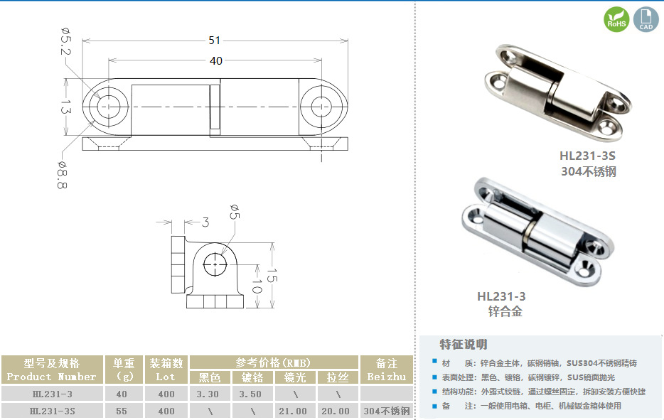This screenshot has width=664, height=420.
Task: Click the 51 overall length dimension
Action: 214,41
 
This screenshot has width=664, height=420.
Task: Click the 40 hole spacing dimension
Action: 216,61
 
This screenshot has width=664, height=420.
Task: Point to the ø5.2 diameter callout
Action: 65,41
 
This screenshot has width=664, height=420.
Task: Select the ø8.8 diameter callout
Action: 63,175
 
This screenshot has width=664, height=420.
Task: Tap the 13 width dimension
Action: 65,107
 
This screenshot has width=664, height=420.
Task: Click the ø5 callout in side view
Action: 235,212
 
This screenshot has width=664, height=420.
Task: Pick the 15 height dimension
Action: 272,275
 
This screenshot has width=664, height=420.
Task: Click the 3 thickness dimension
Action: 205,222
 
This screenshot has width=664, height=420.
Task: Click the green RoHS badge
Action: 616,19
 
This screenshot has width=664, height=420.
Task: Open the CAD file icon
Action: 646,19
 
